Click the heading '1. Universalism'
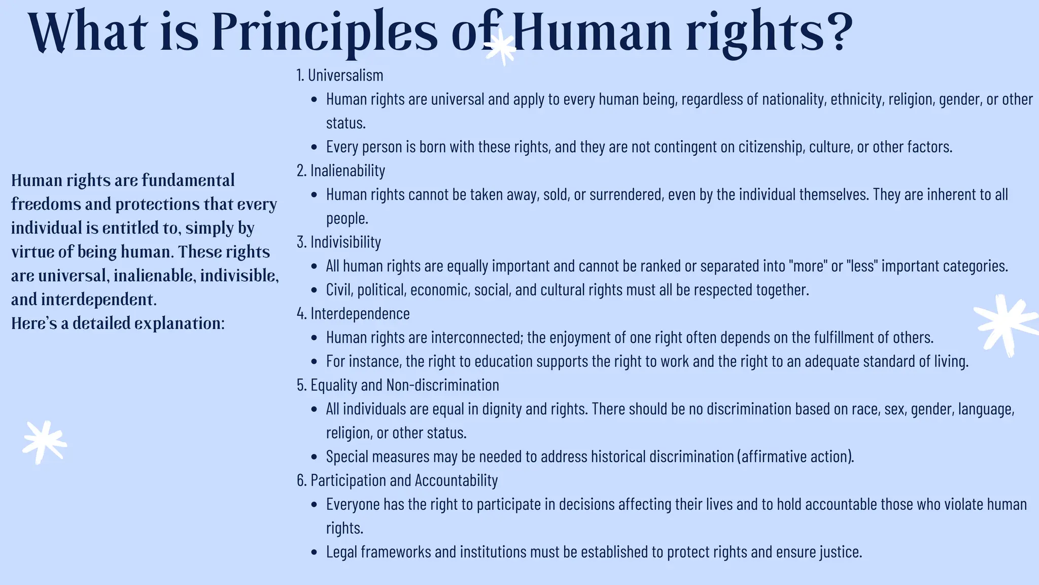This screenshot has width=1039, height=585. point(340,75)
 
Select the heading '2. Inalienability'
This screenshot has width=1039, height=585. point(341,171)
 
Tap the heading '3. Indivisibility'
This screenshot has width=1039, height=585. point(339,242)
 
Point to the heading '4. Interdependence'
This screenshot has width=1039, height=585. point(353,314)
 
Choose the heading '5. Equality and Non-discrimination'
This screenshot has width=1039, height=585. point(398,385)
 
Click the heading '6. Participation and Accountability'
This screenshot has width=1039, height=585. point(397,480)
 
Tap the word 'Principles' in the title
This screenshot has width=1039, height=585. point(324,31)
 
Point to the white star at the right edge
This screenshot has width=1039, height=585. point(1005,325)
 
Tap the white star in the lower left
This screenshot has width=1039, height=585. point(45,442)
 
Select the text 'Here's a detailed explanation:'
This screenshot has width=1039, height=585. point(118,323)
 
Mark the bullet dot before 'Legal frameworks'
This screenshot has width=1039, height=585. point(315,552)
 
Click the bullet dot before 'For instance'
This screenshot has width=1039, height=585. point(315,362)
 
